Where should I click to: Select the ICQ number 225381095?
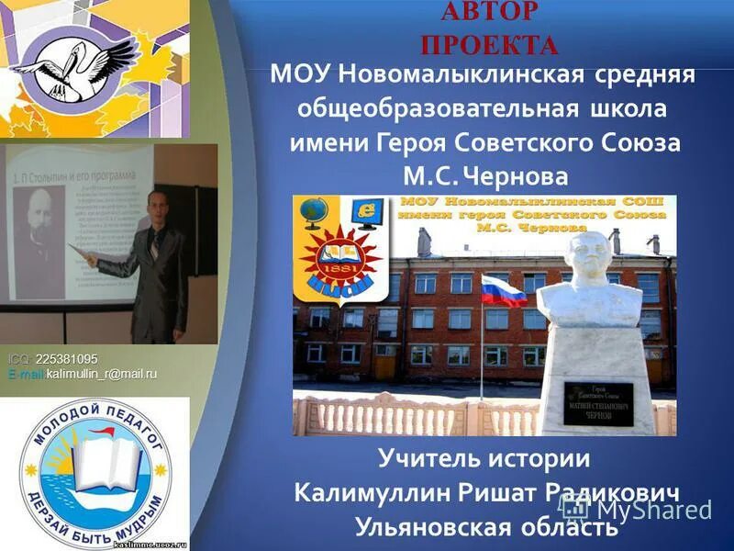(x=66, y=358)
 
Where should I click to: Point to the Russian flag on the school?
(x=503, y=292)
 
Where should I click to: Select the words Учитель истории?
(x=484, y=457)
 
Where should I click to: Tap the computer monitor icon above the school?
(x=370, y=212)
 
